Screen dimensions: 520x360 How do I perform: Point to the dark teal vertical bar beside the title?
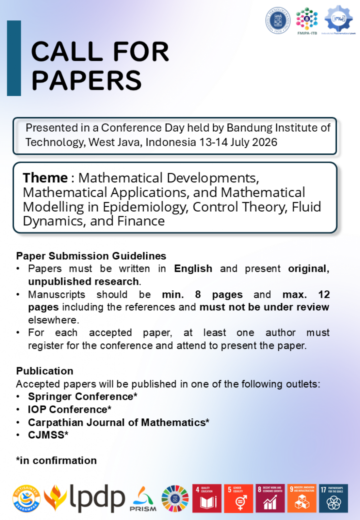[x=14, y=58]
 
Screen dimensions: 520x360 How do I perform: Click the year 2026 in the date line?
[x=265, y=142]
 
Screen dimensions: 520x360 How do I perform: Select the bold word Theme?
[x=45, y=178]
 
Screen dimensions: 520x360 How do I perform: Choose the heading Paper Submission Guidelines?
[x=91, y=255]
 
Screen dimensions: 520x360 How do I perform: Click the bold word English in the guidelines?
[x=193, y=268]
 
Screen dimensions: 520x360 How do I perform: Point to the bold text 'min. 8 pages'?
[x=202, y=295]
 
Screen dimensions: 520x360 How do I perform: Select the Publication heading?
[x=45, y=371]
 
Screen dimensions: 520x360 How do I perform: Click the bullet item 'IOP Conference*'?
[x=70, y=409]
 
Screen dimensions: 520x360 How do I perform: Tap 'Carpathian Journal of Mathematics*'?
[x=118, y=422]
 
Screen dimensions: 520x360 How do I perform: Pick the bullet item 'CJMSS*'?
[x=48, y=435]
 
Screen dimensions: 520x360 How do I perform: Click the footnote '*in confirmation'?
[x=56, y=461]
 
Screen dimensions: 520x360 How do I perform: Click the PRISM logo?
[x=143, y=499]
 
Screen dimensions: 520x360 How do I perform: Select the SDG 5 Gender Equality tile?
[x=238, y=498]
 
